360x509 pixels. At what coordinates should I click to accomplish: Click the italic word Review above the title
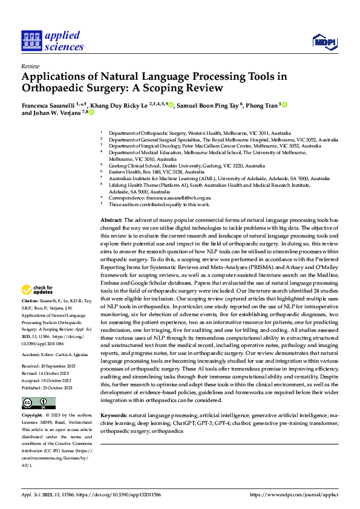click(x=30, y=67)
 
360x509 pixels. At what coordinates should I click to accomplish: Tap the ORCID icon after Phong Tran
click(x=284, y=105)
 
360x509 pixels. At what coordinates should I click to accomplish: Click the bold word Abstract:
click(x=111, y=220)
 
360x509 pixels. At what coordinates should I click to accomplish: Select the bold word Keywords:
click(x=114, y=416)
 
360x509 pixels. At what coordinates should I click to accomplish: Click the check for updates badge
click(x=38, y=291)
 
